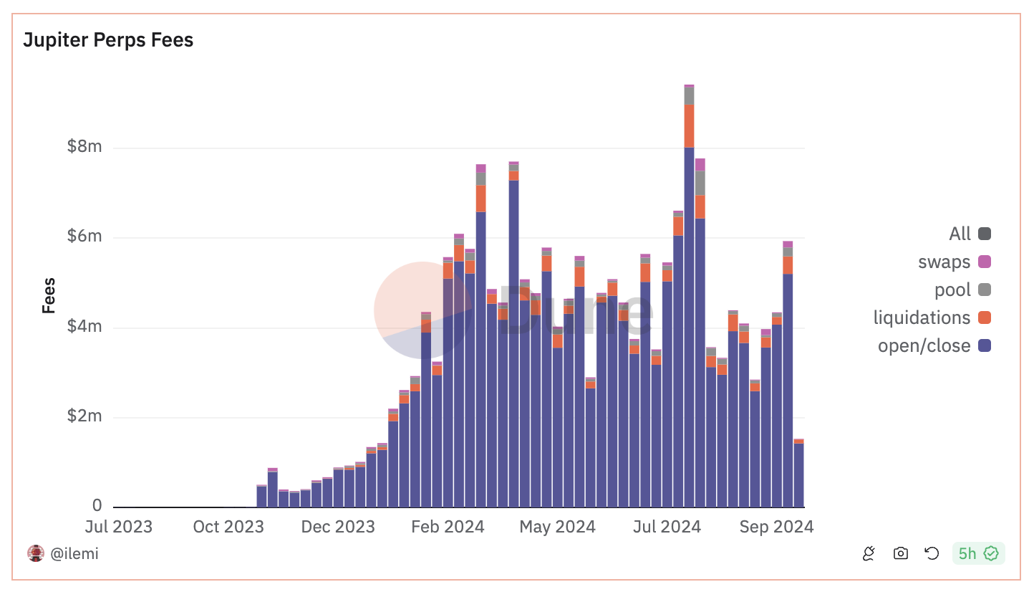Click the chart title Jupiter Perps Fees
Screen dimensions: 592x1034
pos(108,40)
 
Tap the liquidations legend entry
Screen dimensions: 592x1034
pos(932,318)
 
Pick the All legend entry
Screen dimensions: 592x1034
pos(970,234)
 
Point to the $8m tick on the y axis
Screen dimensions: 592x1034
pos(84,147)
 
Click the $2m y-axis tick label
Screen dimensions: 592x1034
pos(84,416)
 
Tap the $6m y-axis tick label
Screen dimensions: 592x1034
pos(84,237)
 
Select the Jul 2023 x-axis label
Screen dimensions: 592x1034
pos(119,527)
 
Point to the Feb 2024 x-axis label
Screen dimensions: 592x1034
pos(448,527)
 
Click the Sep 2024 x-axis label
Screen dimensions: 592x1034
pos(777,527)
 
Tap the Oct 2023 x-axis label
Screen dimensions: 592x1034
pos(228,527)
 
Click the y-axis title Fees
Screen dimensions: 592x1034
pos(49,295)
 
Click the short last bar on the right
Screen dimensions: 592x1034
pos(798,473)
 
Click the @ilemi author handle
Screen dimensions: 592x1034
pos(74,553)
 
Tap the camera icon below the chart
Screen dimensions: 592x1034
pos(901,553)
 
